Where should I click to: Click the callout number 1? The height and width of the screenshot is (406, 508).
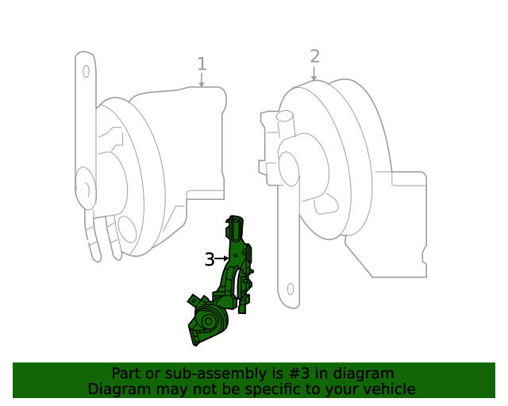pos(202,63)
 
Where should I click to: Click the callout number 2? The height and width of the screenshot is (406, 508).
pos(314,56)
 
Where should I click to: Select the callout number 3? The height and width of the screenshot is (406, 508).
pos(209,259)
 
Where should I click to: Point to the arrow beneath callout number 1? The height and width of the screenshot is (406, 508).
pos(202,80)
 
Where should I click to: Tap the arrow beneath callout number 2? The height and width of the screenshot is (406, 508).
pos(314,74)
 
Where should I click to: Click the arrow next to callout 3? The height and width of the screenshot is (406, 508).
pos(222,259)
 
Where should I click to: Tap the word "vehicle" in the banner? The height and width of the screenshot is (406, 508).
pos(387,389)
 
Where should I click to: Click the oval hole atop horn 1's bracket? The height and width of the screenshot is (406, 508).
pos(86,71)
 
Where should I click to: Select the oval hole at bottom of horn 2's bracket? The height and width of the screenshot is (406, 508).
pos(291,289)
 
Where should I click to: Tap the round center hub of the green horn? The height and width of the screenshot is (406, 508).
pos(209,322)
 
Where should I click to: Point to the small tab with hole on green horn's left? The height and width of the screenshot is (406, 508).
pos(193,301)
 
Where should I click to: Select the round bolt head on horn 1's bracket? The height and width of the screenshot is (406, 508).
pos(82,190)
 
